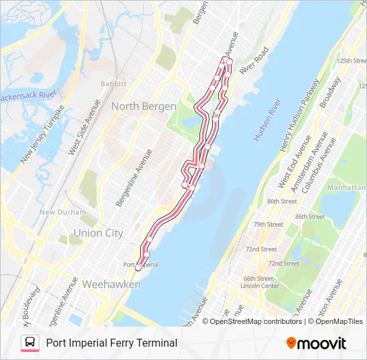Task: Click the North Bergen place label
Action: tap(143, 107)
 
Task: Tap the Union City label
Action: tap(98, 233)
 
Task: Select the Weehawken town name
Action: tap(111, 285)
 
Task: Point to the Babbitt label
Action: tap(113, 84)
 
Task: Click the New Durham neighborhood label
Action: tap(62, 213)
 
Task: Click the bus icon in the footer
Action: tap(30, 343)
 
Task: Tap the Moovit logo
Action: tap(316, 343)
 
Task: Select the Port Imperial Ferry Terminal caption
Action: tap(111, 343)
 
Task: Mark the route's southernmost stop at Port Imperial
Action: tap(138, 268)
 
